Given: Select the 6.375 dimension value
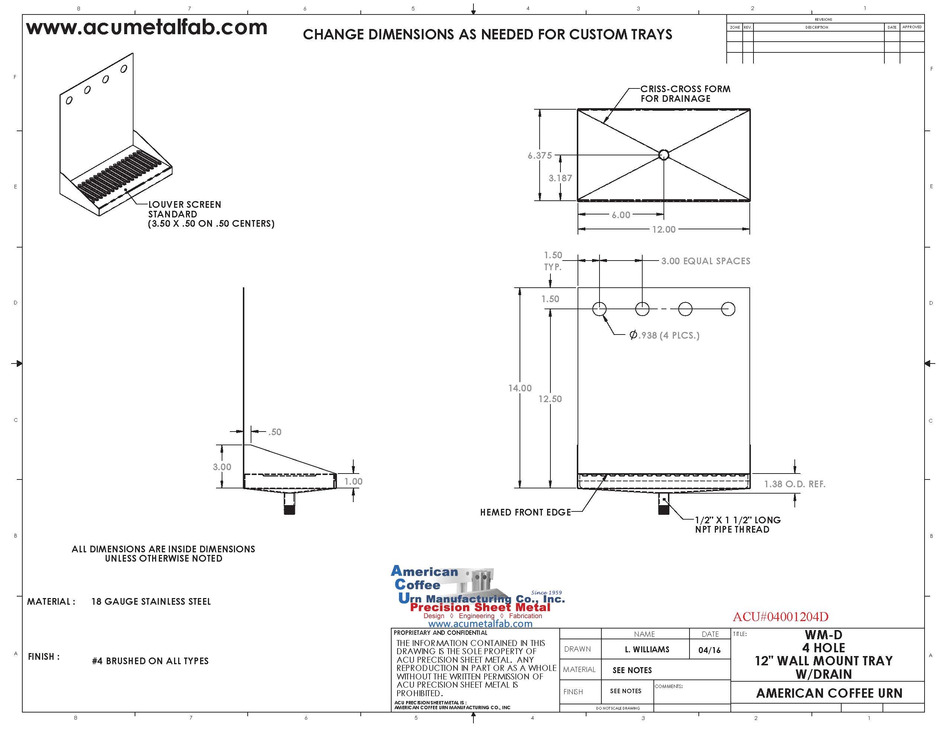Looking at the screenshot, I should pos(540,156).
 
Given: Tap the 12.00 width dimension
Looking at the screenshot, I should pos(664,230).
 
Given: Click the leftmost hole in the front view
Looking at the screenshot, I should pos(599,309).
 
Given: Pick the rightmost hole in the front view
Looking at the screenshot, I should pos(728,309).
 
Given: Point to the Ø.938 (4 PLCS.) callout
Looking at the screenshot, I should pos(665,335).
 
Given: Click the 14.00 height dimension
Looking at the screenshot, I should pos(520,388).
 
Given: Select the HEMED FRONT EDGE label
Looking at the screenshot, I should pos(525,513).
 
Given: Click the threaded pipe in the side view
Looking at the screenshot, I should pos(289,504).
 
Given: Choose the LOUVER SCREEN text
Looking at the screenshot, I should pos(185,204).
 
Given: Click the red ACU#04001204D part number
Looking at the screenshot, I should pos(781,617).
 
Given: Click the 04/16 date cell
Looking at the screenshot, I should pos(709,650).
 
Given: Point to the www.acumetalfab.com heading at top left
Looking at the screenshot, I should pos(147,28).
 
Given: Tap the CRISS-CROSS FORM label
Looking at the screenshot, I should pos(685,89).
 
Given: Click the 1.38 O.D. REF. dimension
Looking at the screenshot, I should pos(794,484).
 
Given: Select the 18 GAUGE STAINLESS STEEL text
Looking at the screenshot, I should pos(151,601).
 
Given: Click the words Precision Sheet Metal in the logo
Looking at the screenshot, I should pos(480,607).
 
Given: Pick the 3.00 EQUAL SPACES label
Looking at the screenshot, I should pos(706,261).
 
